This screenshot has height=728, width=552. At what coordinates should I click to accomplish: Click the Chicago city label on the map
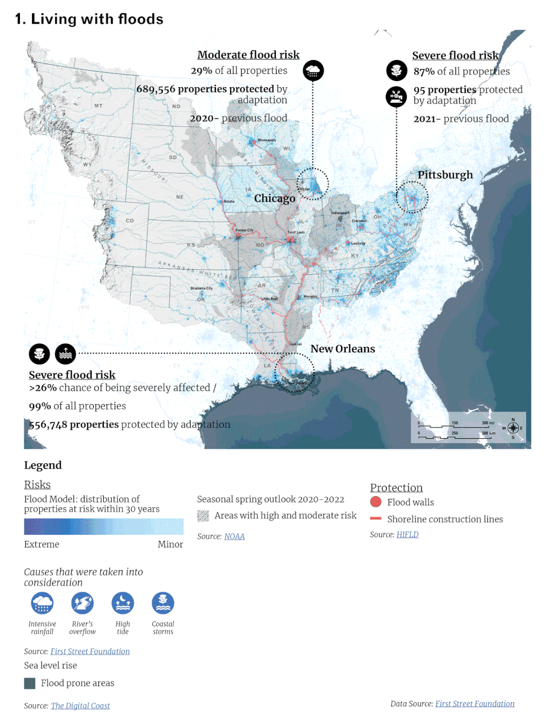(x=274, y=199)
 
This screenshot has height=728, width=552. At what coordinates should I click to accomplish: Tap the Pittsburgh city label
(x=445, y=175)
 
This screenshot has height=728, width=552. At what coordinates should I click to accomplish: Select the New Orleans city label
(x=342, y=349)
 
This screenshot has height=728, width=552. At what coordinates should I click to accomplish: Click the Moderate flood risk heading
(x=248, y=55)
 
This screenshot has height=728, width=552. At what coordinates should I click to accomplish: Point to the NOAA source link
(x=234, y=536)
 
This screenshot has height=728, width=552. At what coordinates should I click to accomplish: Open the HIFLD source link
(x=407, y=534)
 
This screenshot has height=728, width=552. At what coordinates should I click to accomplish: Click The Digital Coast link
(x=80, y=705)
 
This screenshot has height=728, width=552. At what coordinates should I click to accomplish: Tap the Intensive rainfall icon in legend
(x=43, y=603)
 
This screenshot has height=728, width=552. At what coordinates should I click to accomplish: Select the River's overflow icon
(x=82, y=603)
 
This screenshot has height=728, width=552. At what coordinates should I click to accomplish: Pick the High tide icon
(x=123, y=603)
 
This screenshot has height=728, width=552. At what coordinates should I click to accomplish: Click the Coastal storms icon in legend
(x=163, y=603)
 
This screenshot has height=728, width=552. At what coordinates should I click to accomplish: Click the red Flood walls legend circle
(x=376, y=502)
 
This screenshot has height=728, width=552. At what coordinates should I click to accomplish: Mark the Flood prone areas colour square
(x=30, y=683)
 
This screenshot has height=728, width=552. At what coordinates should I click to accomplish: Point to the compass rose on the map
(x=513, y=428)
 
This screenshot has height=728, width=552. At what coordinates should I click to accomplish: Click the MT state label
(x=98, y=105)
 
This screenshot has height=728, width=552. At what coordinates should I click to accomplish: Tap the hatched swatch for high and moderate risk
(x=203, y=516)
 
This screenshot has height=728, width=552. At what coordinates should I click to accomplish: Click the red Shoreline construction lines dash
(x=376, y=519)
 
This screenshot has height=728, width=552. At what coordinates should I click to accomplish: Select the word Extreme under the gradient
(x=41, y=544)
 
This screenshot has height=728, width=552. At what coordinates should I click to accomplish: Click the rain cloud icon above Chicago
(x=313, y=71)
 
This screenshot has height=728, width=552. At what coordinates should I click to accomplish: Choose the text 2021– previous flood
(x=461, y=119)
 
